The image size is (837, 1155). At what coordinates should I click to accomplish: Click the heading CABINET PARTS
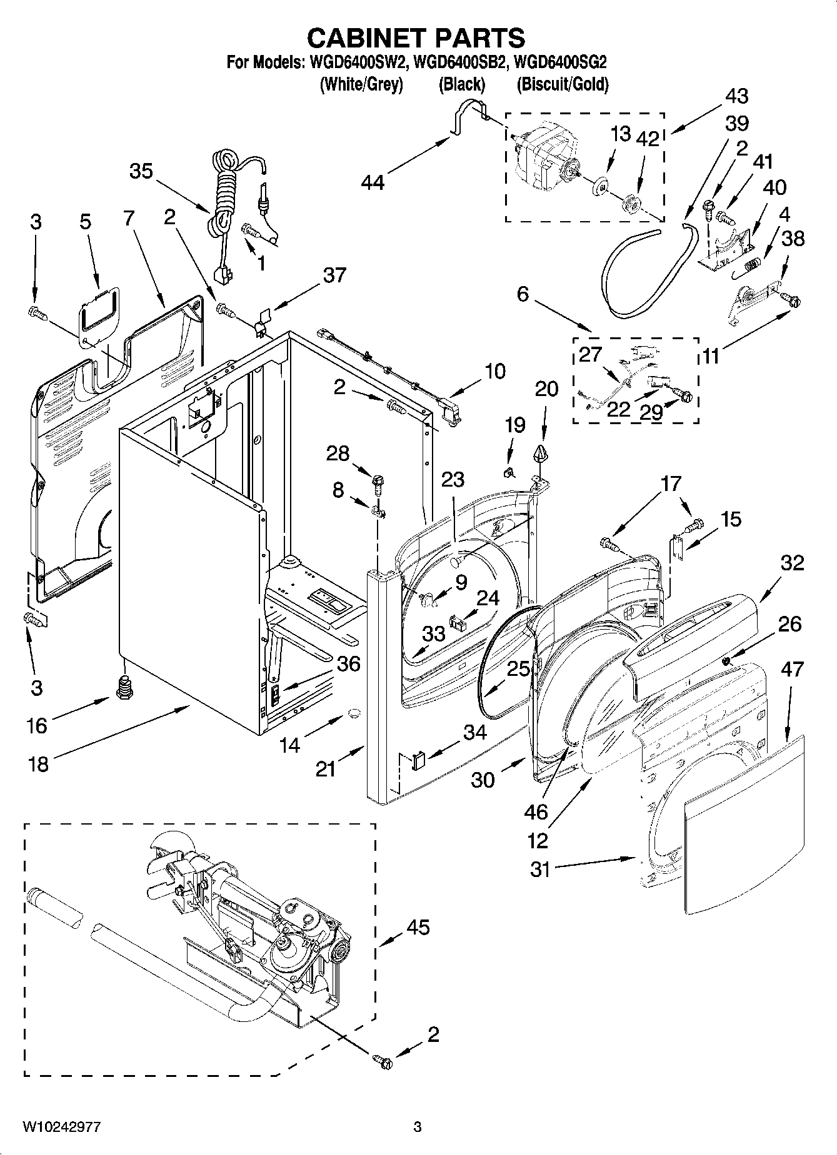click(416, 39)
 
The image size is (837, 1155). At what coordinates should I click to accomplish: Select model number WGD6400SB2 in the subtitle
click(463, 62)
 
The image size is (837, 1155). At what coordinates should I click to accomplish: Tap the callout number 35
click(141, 171)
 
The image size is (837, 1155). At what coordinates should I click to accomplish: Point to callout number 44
click(373, 182)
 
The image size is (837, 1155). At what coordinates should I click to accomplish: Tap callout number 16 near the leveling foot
click(37, 725)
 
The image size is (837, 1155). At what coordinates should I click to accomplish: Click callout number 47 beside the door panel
click(791, 669)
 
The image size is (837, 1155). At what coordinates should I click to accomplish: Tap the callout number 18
click(39, 763)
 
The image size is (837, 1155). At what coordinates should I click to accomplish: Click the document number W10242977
click(61, 1126)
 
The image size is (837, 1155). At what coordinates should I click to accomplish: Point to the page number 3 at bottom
click(418, 1127)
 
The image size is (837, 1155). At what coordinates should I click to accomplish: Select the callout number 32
click(792, 563)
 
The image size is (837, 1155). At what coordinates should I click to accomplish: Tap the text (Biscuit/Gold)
click(562, 84)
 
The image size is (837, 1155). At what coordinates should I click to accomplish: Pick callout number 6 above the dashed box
click(523, 293)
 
